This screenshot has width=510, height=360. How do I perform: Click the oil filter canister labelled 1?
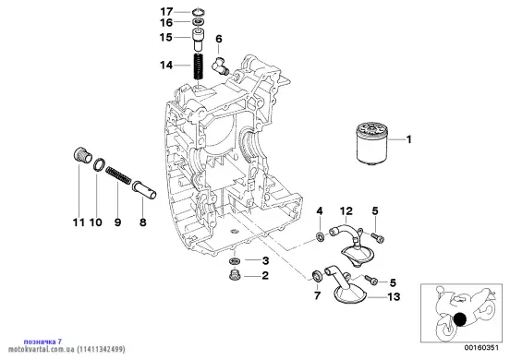(370, 142)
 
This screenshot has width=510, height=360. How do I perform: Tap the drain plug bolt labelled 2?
(233, 275)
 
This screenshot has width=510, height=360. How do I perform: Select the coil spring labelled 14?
(199, 66)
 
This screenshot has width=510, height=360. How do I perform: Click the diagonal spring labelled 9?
(118, 175)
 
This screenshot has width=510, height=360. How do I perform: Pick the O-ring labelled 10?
(99, 163)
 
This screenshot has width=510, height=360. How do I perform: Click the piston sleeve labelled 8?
(144, 190)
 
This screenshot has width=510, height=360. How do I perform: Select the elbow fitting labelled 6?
(220, 65)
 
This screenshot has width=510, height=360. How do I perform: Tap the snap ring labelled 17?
(198, 12)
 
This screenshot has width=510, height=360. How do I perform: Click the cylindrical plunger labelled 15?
(198, 39)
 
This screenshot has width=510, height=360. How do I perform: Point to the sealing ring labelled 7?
(317, 275)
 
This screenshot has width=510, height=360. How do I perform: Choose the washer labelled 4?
(320, 236)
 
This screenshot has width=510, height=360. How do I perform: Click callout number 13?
(394, 296)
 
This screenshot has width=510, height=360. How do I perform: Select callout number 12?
(346, 211)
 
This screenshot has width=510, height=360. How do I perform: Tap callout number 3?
(265, 260)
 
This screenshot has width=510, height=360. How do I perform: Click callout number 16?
(166, 23)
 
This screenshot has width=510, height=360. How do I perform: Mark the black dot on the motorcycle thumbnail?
(460, 319)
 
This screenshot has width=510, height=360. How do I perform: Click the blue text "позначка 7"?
(42, 342)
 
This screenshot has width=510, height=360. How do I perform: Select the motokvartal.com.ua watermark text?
(67, 350)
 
